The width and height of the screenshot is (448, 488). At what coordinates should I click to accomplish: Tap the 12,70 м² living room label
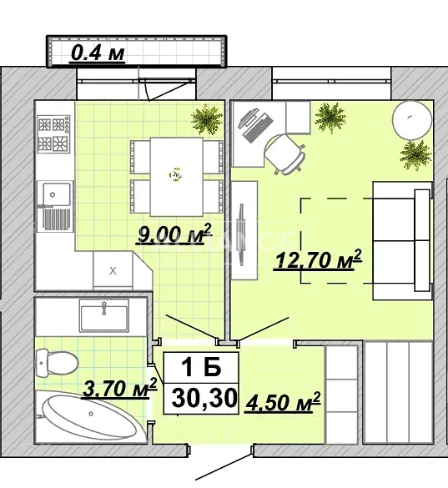coord(318,259)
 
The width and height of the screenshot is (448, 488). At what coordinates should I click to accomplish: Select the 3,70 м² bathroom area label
coord(120,388)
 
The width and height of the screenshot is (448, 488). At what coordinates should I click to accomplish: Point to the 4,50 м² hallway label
coord(283,402)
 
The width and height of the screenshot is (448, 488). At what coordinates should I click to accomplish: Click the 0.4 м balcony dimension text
coord(98,53)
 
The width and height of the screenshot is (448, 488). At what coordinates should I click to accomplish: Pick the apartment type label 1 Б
coord(201,367)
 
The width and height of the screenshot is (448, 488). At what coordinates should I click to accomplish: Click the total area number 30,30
coord(204,399)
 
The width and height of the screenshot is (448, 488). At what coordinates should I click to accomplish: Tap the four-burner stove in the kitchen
coord(53,133)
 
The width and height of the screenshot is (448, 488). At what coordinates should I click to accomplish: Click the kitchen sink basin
coord(56,194)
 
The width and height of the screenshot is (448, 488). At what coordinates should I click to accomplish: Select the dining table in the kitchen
coord(177,177)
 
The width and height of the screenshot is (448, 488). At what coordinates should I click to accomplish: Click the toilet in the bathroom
coord(57,363)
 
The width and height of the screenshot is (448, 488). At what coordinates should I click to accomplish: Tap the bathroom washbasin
coord(104,315)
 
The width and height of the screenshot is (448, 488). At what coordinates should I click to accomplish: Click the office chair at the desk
coord(284,153)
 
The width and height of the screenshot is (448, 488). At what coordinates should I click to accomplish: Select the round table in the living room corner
coord(412,120)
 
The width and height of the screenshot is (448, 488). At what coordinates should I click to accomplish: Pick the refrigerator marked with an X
coord(113,270)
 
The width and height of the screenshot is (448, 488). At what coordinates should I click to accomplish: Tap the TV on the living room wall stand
coord(240,234)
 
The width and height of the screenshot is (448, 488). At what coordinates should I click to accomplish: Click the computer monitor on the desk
coord(249,118)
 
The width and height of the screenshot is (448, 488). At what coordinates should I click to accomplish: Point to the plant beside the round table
coord(415,155)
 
